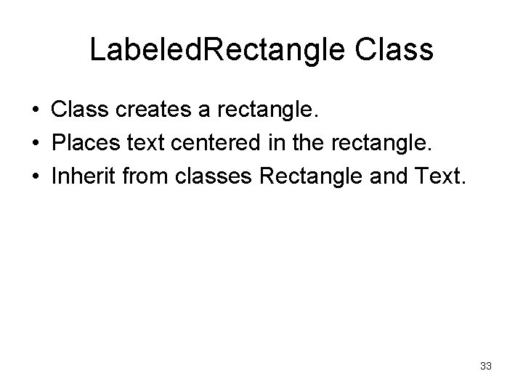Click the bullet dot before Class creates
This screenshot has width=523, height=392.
(35, 111)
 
